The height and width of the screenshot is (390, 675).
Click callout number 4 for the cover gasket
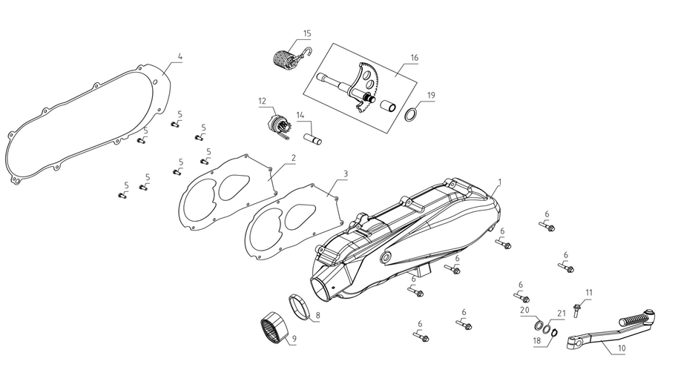(x=180, y=56)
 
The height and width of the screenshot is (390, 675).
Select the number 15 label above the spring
(x=307, y=33)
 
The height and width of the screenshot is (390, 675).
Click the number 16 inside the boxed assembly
(x=414, y=57)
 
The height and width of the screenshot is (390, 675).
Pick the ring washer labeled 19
(x=410, y=115)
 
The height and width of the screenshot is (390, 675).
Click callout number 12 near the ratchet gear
(x=262, y=100)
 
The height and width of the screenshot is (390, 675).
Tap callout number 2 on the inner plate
(x=293, y=158)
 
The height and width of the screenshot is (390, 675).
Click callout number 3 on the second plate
(x=345, y=173)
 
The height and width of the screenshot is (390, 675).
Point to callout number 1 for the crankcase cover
(x=500, y=182)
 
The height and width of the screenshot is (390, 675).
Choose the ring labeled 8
(x=300, y=305)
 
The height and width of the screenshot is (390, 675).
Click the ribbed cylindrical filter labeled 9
(x=274, y=327)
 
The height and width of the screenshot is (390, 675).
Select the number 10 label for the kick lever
(x=621, y=348)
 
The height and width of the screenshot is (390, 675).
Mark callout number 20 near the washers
(x=524, y=309)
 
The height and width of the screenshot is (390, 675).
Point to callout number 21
(x=562, y=314)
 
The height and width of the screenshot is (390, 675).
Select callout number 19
(x=431, y=96)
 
